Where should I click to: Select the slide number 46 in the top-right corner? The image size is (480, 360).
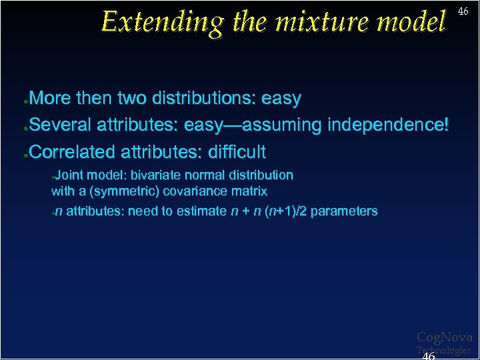click(x=463, y=11)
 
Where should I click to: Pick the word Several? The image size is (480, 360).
click(x=61, y=125)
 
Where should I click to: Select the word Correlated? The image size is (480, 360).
click(x=73, y=152)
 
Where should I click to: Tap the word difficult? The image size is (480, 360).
click(x=237, y=152)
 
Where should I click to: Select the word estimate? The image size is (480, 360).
click(x=200, y=211)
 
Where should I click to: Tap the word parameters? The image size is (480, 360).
click(x=344, y=211)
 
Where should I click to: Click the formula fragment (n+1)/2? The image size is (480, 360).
click(x=286, y=211)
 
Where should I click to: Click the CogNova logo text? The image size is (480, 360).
click(x=444, y=338)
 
